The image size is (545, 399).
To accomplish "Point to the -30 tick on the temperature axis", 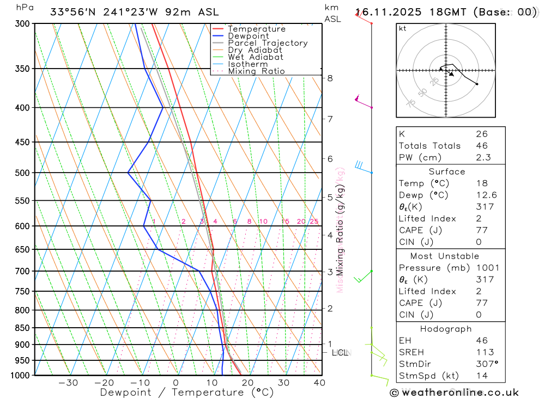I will coord(68,383).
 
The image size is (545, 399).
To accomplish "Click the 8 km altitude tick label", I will coord(330,78).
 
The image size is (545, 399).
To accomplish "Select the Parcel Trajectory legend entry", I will coord(268,43).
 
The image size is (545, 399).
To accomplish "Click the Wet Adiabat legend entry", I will coord(256,57).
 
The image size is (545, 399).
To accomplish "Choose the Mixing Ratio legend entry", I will coord(256,71).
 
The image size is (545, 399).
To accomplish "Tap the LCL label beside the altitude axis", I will coord(340,353).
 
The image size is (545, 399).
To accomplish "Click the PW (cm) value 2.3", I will coord(483,158).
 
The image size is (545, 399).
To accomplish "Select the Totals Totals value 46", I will coord(482,146).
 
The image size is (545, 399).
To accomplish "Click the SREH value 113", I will coord(485,352).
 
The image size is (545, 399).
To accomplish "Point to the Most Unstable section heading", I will coord(445,256).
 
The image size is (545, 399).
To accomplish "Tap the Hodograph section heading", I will coord(446,329).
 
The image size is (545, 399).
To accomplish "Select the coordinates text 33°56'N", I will coord(70,12).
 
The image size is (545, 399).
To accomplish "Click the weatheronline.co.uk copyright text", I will coord(455,392).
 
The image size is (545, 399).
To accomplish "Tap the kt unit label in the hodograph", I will coord(403,29).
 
